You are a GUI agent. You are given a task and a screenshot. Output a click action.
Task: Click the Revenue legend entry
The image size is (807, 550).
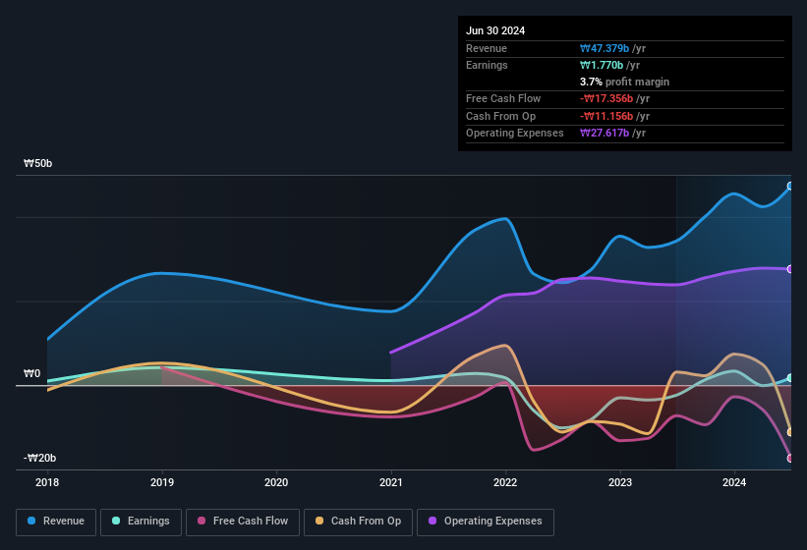click(56, 522)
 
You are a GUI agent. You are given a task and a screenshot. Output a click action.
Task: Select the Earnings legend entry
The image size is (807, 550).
click(141, 522)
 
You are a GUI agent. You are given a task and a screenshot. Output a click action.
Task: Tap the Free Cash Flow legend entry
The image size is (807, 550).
click(244, 522)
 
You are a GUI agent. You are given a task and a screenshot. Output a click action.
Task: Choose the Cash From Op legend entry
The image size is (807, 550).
click(358, 522)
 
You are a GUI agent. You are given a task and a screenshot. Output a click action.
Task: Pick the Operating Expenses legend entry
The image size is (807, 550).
click(485, 522)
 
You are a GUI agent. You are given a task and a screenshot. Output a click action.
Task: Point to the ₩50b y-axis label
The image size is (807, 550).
click(38, 163)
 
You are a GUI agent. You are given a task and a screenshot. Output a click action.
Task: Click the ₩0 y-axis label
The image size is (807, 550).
click(32, 373)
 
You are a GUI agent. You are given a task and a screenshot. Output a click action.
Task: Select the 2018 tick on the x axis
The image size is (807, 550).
click(47, 482)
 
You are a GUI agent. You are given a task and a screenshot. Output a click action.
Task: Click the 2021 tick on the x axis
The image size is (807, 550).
click(391, 482)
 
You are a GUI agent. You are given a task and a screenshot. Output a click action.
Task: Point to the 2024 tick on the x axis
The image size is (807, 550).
click(734, 482)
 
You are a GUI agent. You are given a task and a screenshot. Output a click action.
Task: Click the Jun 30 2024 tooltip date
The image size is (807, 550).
click(495, 30)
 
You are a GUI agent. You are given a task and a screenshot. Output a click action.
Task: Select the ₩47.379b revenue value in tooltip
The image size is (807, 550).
click(612, 48)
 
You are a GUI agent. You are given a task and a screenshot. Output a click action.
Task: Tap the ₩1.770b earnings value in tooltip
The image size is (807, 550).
click(608, 65)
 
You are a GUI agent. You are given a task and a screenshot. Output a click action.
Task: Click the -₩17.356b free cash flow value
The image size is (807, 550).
click(613, 98)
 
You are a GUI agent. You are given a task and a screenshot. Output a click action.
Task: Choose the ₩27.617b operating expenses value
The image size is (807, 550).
click(612, 133)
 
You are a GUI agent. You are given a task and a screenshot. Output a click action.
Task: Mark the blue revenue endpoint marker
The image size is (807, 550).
click(790, 186)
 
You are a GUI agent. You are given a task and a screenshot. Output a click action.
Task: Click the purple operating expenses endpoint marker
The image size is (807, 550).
click(790, 268)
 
